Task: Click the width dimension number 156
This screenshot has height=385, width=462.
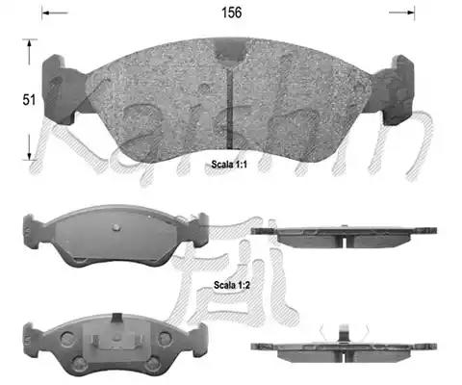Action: (x=231, y=13)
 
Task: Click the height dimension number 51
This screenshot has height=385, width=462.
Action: (x=29, y=100)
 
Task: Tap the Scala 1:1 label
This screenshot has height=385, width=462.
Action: (x=229, y=165)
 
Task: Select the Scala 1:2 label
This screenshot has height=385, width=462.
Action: (x=232, y=285)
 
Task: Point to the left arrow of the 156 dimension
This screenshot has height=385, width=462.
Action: (x=55, y=13)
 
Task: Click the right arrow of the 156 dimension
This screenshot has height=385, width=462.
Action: (x=401, y=13)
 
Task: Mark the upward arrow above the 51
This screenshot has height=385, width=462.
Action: (x=29, y=52)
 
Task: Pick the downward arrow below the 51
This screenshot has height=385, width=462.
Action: (x=29, y=147)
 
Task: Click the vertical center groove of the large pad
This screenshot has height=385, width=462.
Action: (x=229, y=109)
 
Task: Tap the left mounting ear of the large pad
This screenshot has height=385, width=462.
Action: (x=61, y=90)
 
